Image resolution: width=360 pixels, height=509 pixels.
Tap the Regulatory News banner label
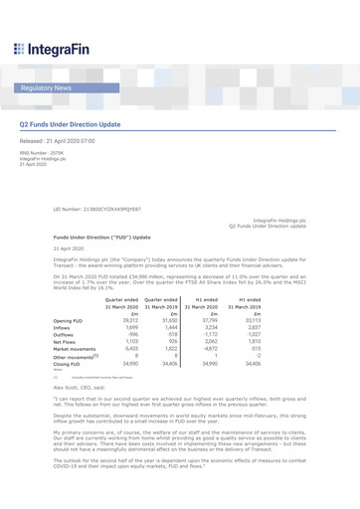(46, 88)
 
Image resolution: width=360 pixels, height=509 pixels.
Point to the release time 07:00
(88, 142)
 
